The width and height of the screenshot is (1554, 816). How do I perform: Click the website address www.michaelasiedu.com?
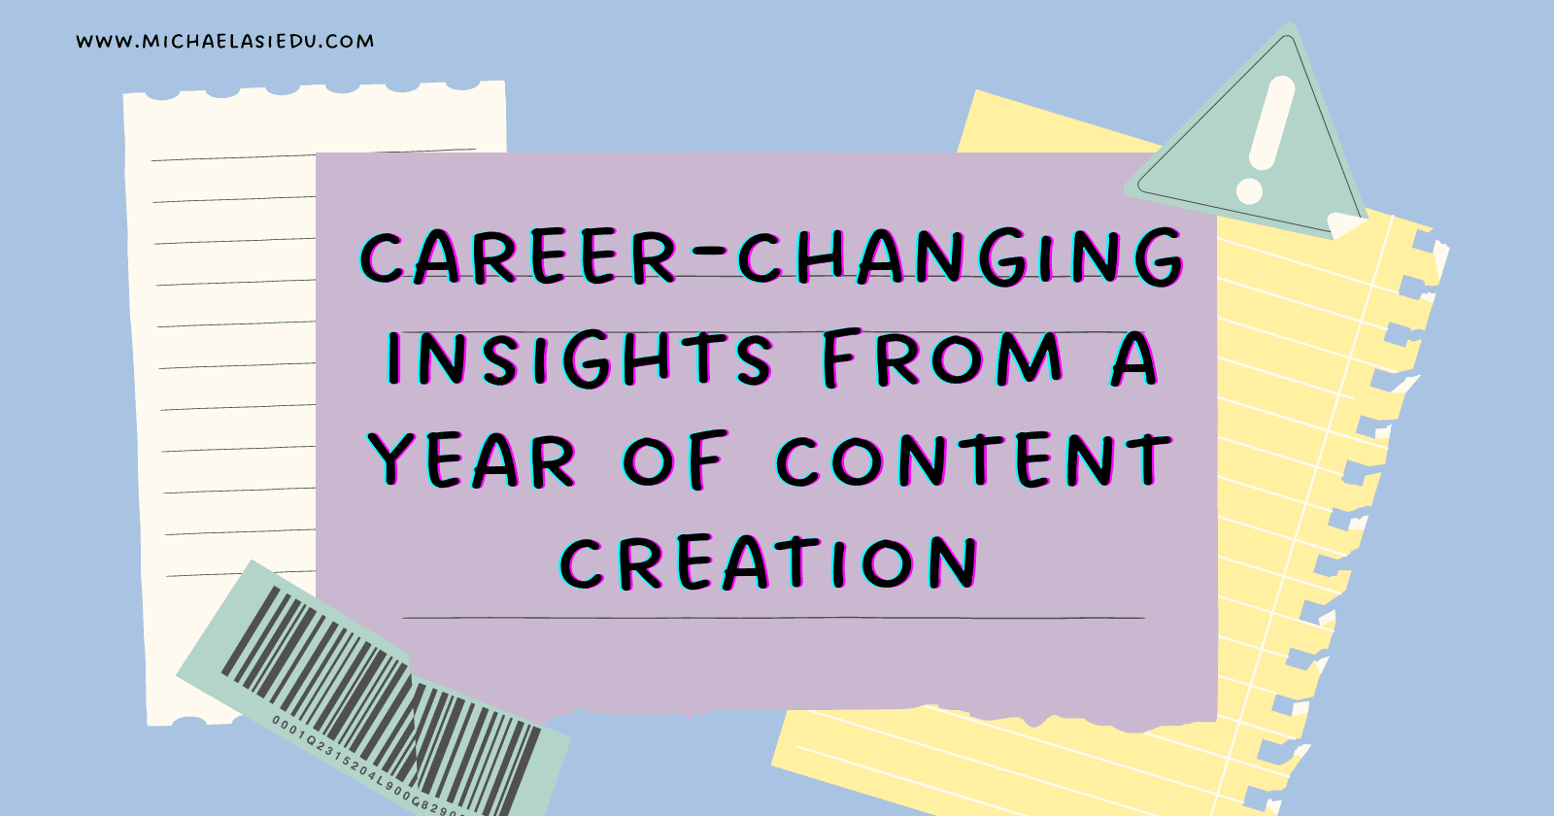[224, 42]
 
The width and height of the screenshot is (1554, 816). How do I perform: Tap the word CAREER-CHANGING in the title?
[771, 256]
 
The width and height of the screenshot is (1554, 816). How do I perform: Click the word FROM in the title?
[941, 359]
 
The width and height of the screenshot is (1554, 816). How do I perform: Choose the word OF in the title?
[675, 460]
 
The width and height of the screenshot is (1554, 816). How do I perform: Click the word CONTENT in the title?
[974, 459]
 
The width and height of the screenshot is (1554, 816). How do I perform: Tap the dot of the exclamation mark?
[1249, 191]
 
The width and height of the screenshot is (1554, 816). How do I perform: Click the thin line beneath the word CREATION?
[773, 617]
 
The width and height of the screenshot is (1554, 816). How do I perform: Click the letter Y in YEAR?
[390, 459]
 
